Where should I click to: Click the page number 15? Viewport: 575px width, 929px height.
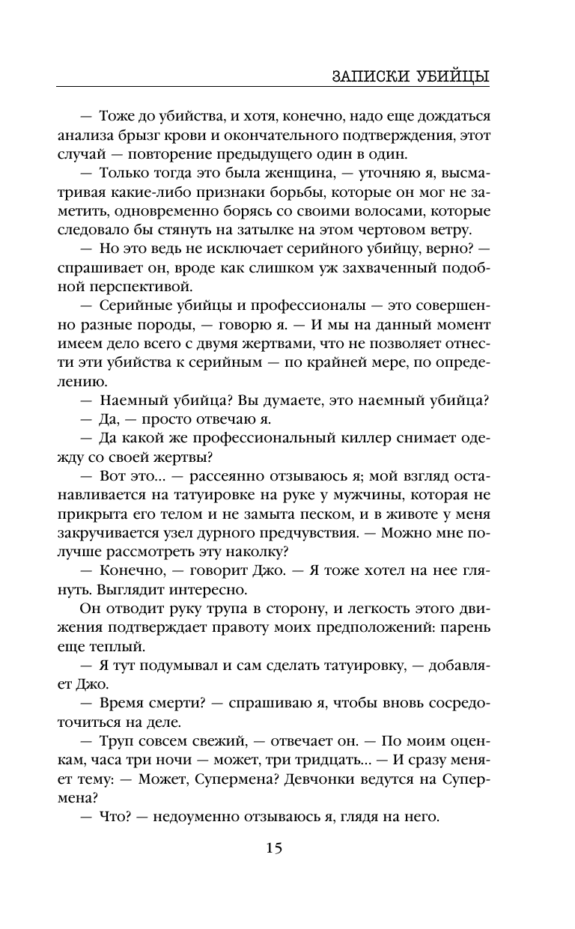pyautogui.click(x=273, y=848)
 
